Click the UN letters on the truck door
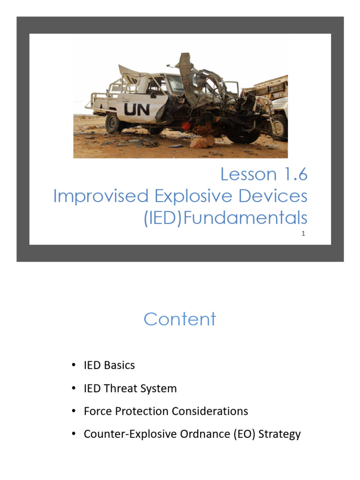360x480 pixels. point(137,110)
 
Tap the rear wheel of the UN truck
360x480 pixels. point(114,123)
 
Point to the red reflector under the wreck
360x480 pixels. point(186,126)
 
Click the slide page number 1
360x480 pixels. point(303,233)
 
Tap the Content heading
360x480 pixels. point(180,319)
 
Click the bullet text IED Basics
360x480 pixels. point(109,365)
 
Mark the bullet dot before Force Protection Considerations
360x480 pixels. point(74,412)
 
